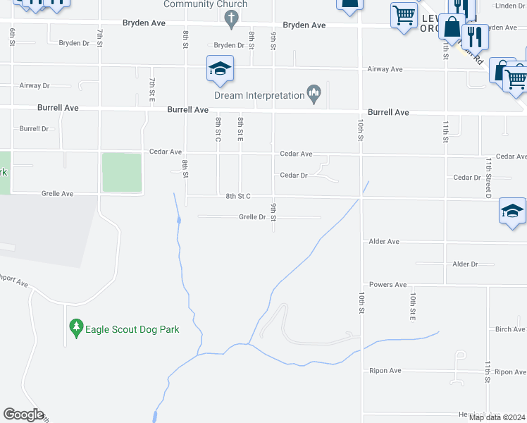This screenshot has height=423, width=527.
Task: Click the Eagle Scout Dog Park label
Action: coord(132,329)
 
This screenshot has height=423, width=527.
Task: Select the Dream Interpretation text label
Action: coord(259,96)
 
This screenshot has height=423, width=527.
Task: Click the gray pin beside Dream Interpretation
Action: coord(314,93)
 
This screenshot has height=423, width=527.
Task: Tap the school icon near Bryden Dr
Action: coord(220,69)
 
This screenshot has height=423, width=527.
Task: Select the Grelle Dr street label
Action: coord(252,217)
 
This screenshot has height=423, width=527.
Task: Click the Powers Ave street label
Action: coord(388,285)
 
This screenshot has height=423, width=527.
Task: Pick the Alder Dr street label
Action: coord(464,264)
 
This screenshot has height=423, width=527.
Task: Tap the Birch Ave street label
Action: coord(509,329)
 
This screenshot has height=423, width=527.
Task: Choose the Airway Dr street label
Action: coord(35,85)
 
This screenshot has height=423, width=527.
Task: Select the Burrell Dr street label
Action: coord(34,129)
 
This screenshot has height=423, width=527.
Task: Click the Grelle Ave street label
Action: coord(57,193)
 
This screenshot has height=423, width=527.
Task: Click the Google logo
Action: coord(23,415)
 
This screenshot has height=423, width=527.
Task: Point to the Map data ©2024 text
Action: coord(497,417)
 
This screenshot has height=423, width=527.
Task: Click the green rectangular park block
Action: coord(122,172)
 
